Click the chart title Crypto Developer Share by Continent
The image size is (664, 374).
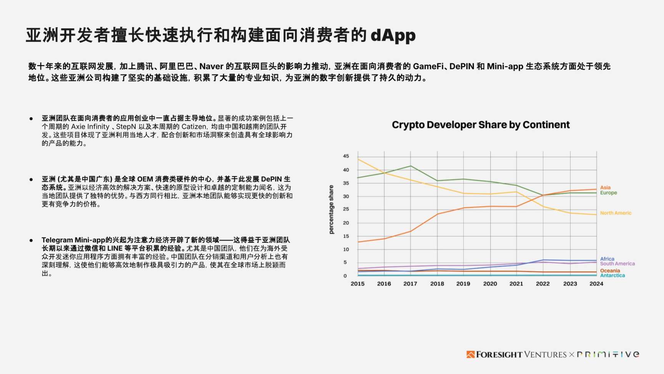point(480,125)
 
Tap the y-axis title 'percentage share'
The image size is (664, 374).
point(331,210)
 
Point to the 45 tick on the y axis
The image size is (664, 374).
point(346,156)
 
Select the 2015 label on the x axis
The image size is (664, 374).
point(357,284)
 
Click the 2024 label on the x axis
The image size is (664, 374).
point(596,284)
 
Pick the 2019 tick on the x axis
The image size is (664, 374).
point(463,284)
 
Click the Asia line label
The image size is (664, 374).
point(605,188)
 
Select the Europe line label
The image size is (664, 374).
point(608,193)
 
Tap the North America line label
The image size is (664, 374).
point(616,213)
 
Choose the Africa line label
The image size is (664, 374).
point(607,259)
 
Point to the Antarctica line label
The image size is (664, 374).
point(613,275)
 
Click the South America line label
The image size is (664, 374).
point(617,264)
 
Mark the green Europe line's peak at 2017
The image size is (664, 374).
point(410,166)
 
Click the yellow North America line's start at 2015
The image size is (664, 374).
point(358,159)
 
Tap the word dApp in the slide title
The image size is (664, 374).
point(393,35)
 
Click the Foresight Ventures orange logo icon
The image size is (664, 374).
point(470,354)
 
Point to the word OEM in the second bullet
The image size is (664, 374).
point(145,179)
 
